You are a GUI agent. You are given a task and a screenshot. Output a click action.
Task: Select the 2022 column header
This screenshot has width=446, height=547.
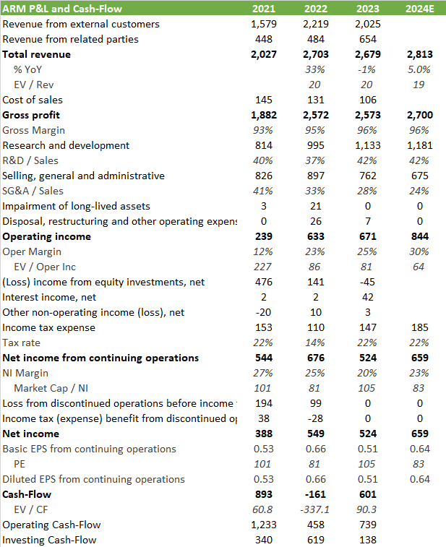(315, 9)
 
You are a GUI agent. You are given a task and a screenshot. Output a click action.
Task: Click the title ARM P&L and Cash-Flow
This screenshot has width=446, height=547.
(62, 9)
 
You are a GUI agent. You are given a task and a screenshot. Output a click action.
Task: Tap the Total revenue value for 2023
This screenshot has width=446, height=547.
(366, 54)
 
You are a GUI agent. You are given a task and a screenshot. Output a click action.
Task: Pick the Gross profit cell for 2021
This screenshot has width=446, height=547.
(263, 115)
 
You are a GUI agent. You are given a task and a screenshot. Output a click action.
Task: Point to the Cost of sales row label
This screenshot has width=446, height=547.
(33, 100)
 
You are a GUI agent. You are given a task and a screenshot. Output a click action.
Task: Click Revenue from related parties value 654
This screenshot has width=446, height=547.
(367, 39)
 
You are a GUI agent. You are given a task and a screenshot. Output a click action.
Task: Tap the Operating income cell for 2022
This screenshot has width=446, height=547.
(316, 236)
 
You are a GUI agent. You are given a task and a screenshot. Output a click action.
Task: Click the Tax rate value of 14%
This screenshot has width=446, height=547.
(316, 343)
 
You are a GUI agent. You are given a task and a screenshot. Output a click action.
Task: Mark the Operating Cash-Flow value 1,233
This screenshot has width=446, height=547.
(262, 525)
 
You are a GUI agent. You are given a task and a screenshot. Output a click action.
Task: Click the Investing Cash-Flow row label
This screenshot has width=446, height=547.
(49, 540)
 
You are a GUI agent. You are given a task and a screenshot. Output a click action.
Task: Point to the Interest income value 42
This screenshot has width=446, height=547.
(367, 297)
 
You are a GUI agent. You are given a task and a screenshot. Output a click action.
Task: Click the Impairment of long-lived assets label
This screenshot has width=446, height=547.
(76, 206)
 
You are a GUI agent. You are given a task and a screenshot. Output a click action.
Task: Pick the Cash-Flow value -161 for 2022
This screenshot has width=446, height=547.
(314, 494)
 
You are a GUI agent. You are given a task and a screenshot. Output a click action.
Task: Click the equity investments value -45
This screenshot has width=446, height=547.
(366, 282)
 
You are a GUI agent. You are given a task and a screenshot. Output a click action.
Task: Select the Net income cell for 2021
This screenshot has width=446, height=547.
(264, 434)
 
